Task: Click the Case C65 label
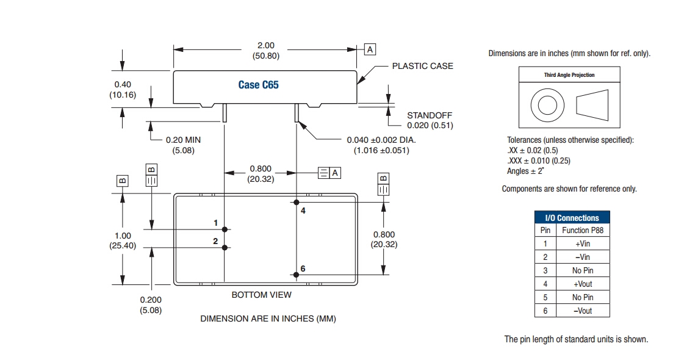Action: [x=258, y=85]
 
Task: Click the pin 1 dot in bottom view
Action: [x=225, y=229]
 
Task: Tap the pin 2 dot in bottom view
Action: [x=225, y=247]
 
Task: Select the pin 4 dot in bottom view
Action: [x=297, y=202]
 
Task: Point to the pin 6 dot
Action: [x=297, y=275]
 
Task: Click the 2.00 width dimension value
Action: [x=266, y=45]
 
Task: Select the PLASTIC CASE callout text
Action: [x=422, y=66]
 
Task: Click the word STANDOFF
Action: [x=430, y=115]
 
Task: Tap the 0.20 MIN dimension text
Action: [x=183, y=140]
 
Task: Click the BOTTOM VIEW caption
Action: [x=261, y=295]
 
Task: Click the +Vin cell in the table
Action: [x=583, y=243]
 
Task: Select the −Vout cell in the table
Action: [x=583, y=311]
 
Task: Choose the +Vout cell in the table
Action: [x=583, y=284]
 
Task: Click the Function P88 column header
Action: [x=583, y=230]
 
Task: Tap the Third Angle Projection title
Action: [x=569, y=75]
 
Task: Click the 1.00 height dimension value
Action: [x=123, y=236]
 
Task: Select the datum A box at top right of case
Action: [x=370, y=49]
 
